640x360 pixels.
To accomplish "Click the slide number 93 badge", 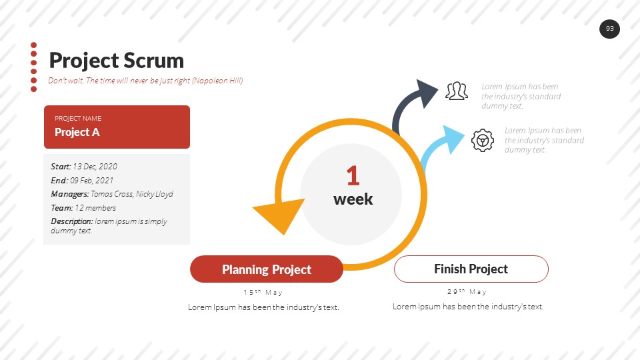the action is pos(609,29).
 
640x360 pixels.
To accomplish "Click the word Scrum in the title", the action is pos(153,61).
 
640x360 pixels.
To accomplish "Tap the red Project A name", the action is pos(77,132).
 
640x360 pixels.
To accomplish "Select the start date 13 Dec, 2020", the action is pos(95,167).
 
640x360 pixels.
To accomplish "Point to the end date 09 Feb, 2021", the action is pos(92,181).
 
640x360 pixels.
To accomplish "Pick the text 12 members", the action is pos(95,208).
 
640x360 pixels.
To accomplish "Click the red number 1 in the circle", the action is pos(353,175).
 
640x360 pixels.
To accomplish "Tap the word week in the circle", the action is pos(353,199).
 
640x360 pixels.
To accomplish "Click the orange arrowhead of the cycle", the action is pos(281,214).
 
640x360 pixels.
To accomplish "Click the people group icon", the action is pos(457,91).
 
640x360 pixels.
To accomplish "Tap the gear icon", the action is pos(483,141).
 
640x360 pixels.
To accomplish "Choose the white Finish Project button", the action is pos(471,269).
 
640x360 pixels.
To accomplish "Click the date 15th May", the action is pos(263,292).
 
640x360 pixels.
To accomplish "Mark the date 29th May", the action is pos(467,292).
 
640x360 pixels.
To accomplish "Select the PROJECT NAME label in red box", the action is pos(78,119).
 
